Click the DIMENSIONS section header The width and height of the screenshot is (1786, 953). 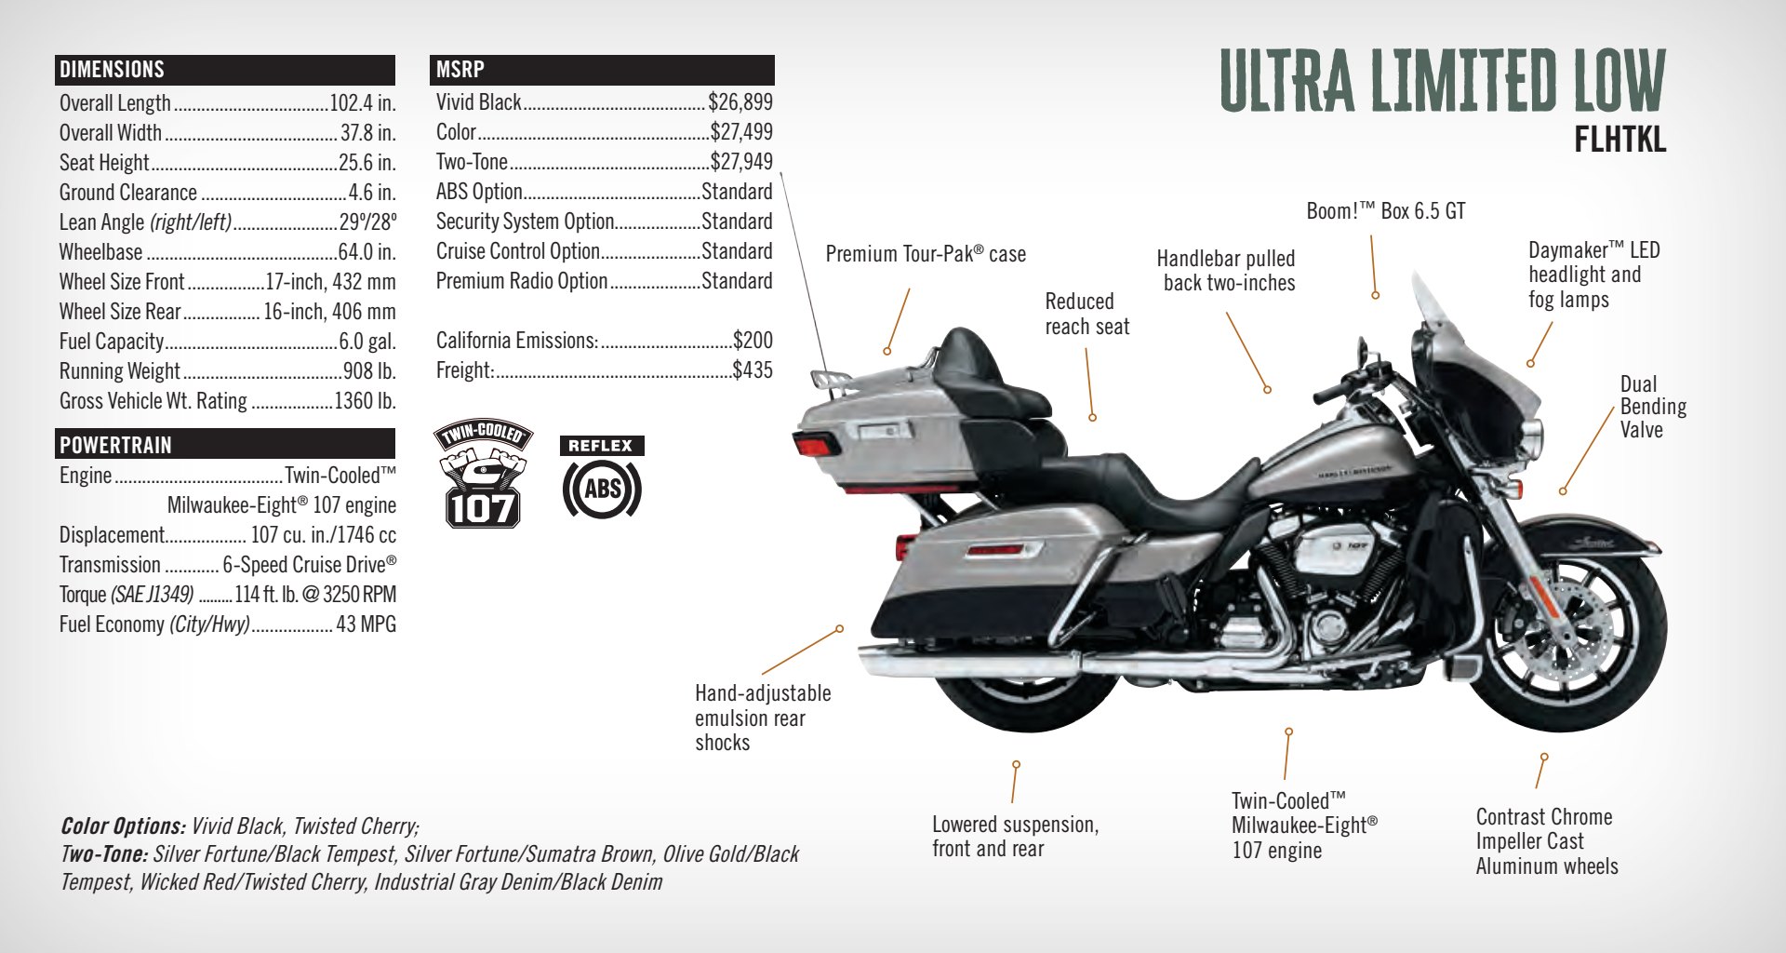112,70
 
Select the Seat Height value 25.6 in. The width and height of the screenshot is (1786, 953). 367,163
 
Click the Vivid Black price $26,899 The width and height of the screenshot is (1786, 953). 740,102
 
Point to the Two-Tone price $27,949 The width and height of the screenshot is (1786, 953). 740,162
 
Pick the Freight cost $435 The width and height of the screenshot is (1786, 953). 752,370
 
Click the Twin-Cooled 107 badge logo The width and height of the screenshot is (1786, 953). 482,474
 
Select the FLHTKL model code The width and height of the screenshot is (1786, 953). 1619,141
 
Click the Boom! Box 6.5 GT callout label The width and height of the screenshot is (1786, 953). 1385,212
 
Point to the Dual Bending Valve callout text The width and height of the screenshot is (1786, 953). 1652,407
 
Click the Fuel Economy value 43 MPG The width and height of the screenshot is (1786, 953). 366,624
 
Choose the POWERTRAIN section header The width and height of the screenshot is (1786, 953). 115,445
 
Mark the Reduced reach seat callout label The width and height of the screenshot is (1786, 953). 1086,315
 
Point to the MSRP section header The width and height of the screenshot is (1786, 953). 460,70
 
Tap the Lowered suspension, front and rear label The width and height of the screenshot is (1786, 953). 1015,837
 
